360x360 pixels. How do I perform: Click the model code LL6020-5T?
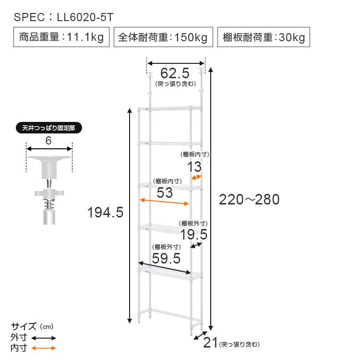pos(85,17)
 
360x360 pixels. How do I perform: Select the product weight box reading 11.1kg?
pos(61,37)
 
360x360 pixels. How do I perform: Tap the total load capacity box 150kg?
pos(163,37)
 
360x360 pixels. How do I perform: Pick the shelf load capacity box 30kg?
pos(264,37)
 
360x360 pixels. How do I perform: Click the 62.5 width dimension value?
pos(175,73)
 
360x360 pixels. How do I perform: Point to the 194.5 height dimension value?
pos(106,212)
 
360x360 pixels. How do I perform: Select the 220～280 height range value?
pos(249,199)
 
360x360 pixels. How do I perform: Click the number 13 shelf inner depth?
pos(194,167)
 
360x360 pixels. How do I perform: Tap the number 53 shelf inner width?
pos(165,192)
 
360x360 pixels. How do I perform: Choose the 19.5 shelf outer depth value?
pos(193,234)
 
